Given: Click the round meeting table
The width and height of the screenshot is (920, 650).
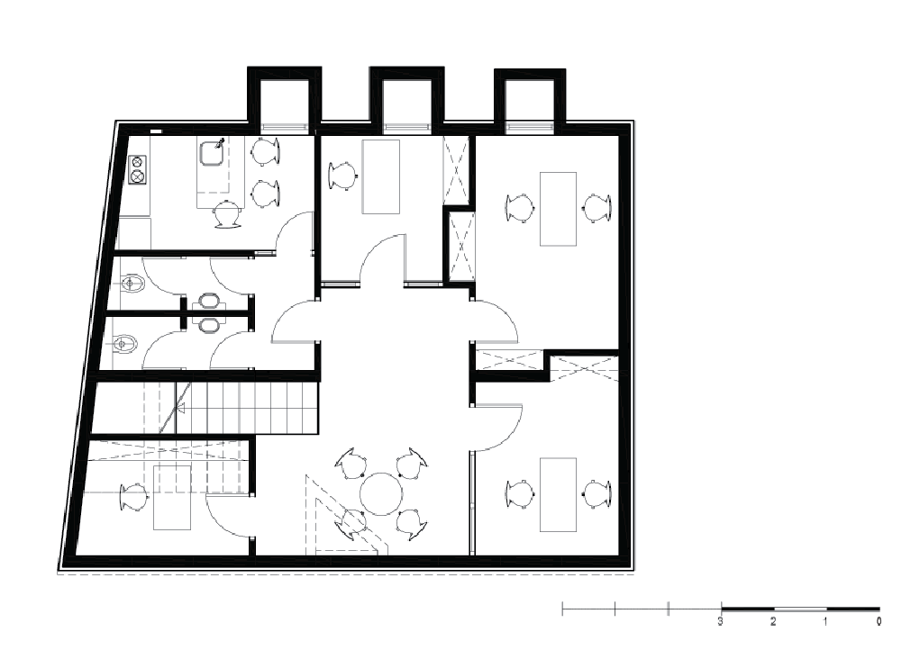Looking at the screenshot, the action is [381, 494].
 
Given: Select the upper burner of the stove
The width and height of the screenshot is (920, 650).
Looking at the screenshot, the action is [137, 162].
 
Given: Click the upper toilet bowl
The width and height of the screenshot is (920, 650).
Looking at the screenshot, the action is [131, 284].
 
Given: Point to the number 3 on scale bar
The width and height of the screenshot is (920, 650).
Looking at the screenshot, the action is [721, 621].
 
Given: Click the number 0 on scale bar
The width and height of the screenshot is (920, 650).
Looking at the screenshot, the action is [879, 621].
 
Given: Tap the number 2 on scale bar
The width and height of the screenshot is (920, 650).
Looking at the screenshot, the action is [773, 621].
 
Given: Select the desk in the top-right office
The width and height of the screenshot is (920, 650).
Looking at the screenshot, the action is [558, 209].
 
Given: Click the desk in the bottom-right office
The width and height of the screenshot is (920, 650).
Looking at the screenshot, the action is [558, 494].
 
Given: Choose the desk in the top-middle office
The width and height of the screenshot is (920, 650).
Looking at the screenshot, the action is [381, 177].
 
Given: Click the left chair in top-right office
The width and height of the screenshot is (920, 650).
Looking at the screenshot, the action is [520, 207].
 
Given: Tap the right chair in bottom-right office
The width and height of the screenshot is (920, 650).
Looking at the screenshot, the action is [597, 494].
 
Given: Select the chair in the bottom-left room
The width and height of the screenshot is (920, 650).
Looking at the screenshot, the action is [133, 497].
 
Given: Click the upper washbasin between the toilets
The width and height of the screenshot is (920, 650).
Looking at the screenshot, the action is [208, 302].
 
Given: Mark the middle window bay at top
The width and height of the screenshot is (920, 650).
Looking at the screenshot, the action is [405, 100].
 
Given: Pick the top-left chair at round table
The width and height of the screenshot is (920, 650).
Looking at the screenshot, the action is [351, 463].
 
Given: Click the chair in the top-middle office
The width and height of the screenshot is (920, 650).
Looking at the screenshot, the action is [342, 176].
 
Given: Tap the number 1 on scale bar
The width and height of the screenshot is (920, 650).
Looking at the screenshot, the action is [825, 621].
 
